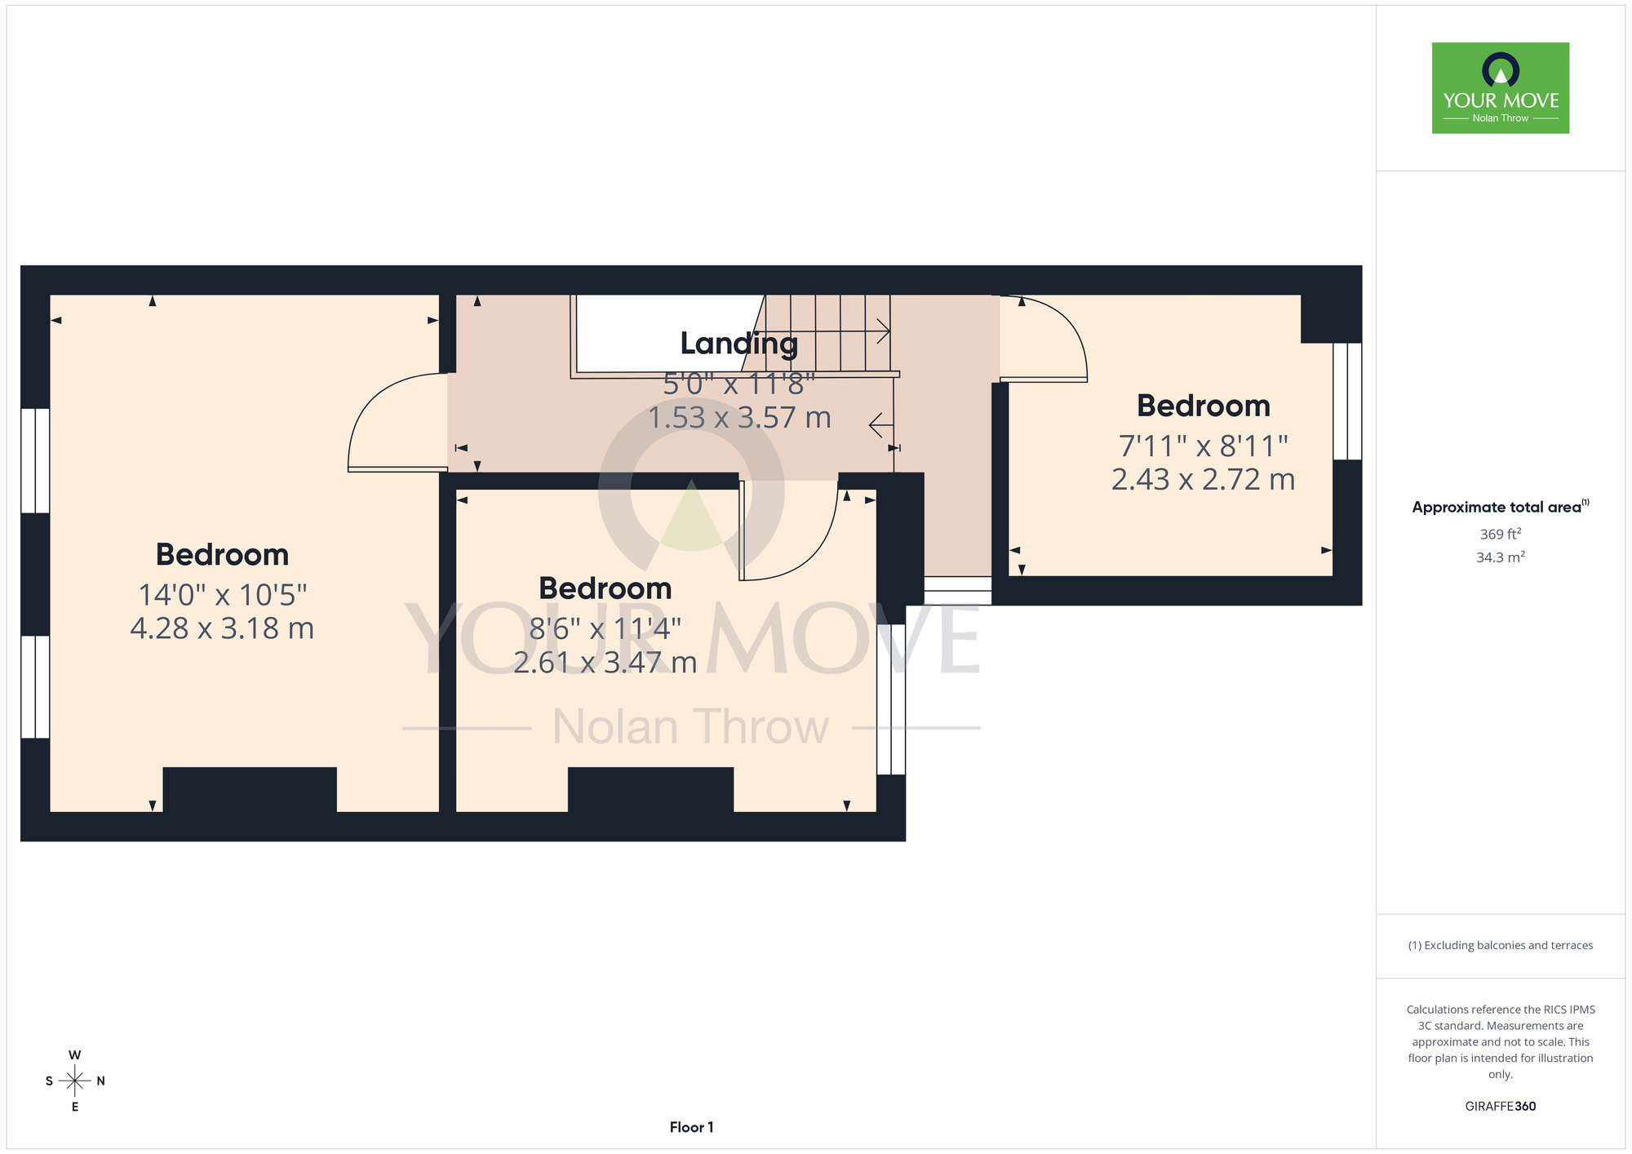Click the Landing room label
click(739, 344)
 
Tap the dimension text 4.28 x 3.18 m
click(222, 628)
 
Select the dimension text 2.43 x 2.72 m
click(1204, 479)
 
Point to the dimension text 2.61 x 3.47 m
click(605, 662)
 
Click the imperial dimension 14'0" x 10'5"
click(223, 595)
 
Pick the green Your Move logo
click(1501, 88)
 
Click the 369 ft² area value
click(1501, 534)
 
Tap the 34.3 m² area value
click(1501, 557)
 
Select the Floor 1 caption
click(692, 1127)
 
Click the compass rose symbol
click(75, 1081)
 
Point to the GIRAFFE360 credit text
click(1501, 1107)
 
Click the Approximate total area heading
click(1501, 507)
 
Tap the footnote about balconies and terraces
click(1501, 945)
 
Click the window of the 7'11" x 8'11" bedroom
click(1347, 402)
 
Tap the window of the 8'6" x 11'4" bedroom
click(891, 699)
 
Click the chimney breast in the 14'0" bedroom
click(250, 790)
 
